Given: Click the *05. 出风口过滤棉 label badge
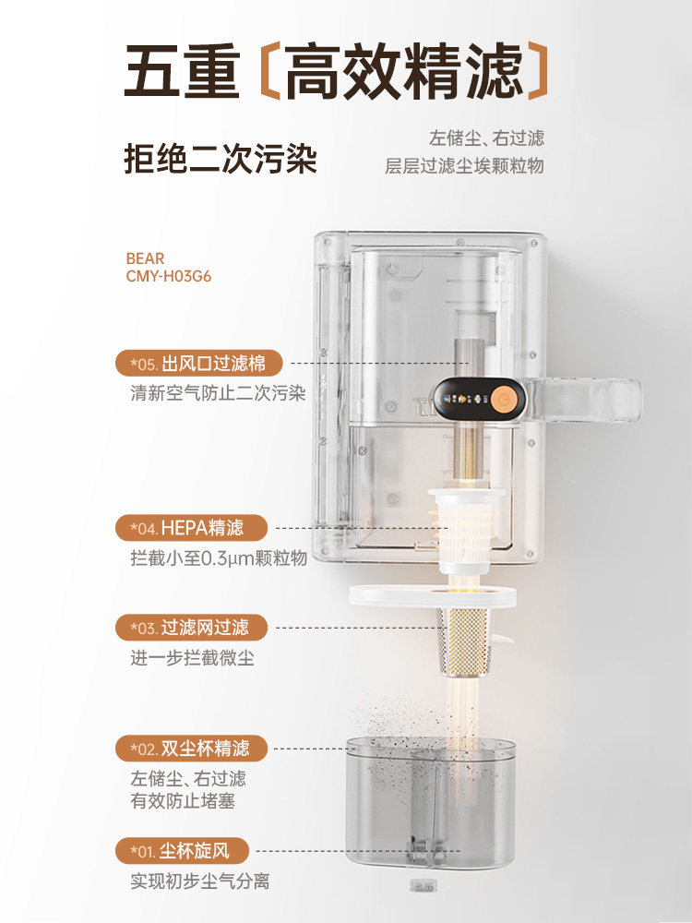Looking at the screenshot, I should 191,362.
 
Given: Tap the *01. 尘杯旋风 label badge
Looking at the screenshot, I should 185,850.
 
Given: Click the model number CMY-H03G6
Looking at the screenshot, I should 169,276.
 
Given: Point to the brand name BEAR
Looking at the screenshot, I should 145,258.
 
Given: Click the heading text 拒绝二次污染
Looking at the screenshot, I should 221,158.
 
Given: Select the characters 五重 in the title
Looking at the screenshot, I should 182,73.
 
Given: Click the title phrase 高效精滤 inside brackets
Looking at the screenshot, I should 402,73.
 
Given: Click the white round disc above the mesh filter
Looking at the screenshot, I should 432,595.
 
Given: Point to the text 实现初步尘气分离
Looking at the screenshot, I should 200,881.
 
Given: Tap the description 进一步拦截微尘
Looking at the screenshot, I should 192,658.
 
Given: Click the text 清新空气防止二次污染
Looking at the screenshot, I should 218,392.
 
